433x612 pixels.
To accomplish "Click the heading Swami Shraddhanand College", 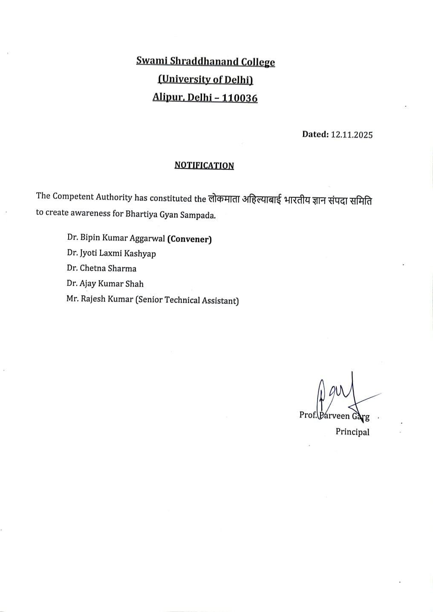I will pyautogui.click(x=205, y=61).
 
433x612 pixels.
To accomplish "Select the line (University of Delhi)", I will pyautogui.click(x=205, y=80).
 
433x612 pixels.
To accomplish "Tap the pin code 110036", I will pyautogui.click(x=240, y=98).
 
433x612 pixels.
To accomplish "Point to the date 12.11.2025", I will pyautogui.click(x=352, y=135).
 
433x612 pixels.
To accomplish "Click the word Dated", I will pyautogui.click(x=315, y=134).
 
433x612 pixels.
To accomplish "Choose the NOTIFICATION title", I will pyautogui.click(x=204, y=165).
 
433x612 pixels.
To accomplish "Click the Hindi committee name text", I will pyautogui.click(x=290, y=199).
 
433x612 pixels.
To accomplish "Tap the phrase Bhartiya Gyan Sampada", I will pyautogui.click(x=170, y=214).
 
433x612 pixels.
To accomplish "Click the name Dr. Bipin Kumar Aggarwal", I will pyautogui.click(x=116, y=238).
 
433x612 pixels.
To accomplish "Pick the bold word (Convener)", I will pyautogui.click(x=190, y=239).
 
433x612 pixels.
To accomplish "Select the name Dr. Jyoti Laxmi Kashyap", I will pyautogui.click(x=111, y=253).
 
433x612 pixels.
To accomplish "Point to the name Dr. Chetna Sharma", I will pyautogui.click(x=101, y=268).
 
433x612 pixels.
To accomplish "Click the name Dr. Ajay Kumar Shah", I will pyautogui.click(x=105, y=283).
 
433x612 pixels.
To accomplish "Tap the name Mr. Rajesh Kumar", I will pyautogui.click(x=100, y=299).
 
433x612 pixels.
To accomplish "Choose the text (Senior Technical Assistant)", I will pyautogui.click(x=187, y=300).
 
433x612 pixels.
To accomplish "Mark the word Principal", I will pyautogui.click(x=352, y=432).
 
